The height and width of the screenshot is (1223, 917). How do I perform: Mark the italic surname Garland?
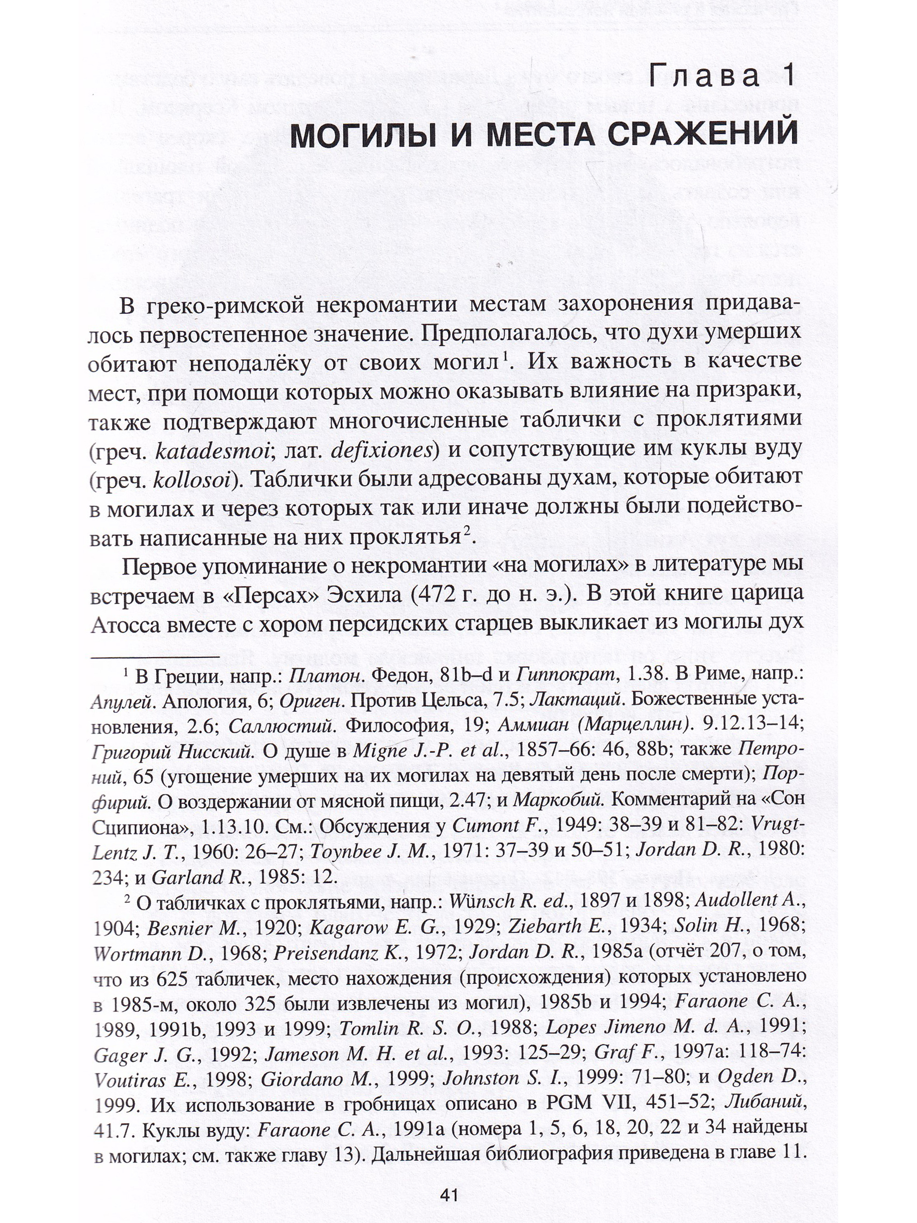click(x=179, y=878)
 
